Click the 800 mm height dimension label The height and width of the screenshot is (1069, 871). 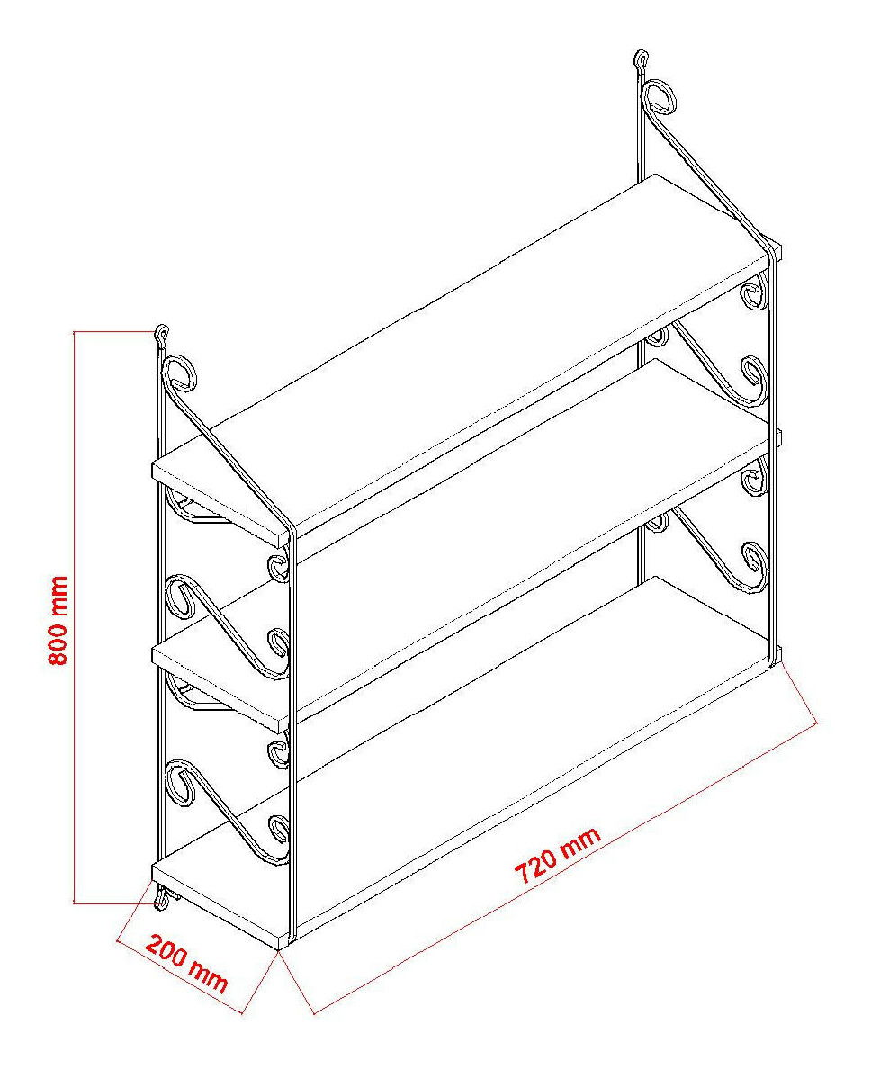(x=58, y=620)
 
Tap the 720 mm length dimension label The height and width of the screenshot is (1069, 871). (x=558, y=856)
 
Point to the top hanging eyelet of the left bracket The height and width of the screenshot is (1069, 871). (x=162, y=334)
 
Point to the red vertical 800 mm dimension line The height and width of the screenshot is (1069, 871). (x=74, y=617)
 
